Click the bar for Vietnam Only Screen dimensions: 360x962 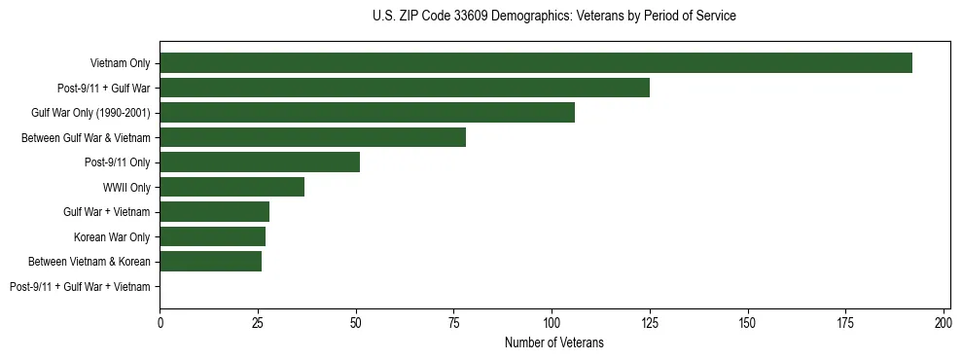click(x=536, y=63)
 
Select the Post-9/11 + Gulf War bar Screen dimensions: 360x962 click(x=405, y=88)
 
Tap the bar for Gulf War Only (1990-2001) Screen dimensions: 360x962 click(x=368, y=113)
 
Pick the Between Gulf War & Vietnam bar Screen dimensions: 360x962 click(x=313, y=137)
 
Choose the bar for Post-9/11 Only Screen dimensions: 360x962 click(x=260, y=162)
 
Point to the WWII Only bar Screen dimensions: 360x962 click(x=232, y=187)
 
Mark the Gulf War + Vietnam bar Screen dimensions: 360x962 click(x=215, y=212)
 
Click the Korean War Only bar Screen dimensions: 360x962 click(x=213, y=236)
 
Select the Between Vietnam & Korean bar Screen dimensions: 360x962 click(x=211, y=262)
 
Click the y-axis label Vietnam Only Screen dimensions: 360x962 click(x=121, y=63)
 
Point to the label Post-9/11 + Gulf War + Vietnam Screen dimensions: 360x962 click(x=80, y=287)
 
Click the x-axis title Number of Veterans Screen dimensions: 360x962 click(x=554, y=342)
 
